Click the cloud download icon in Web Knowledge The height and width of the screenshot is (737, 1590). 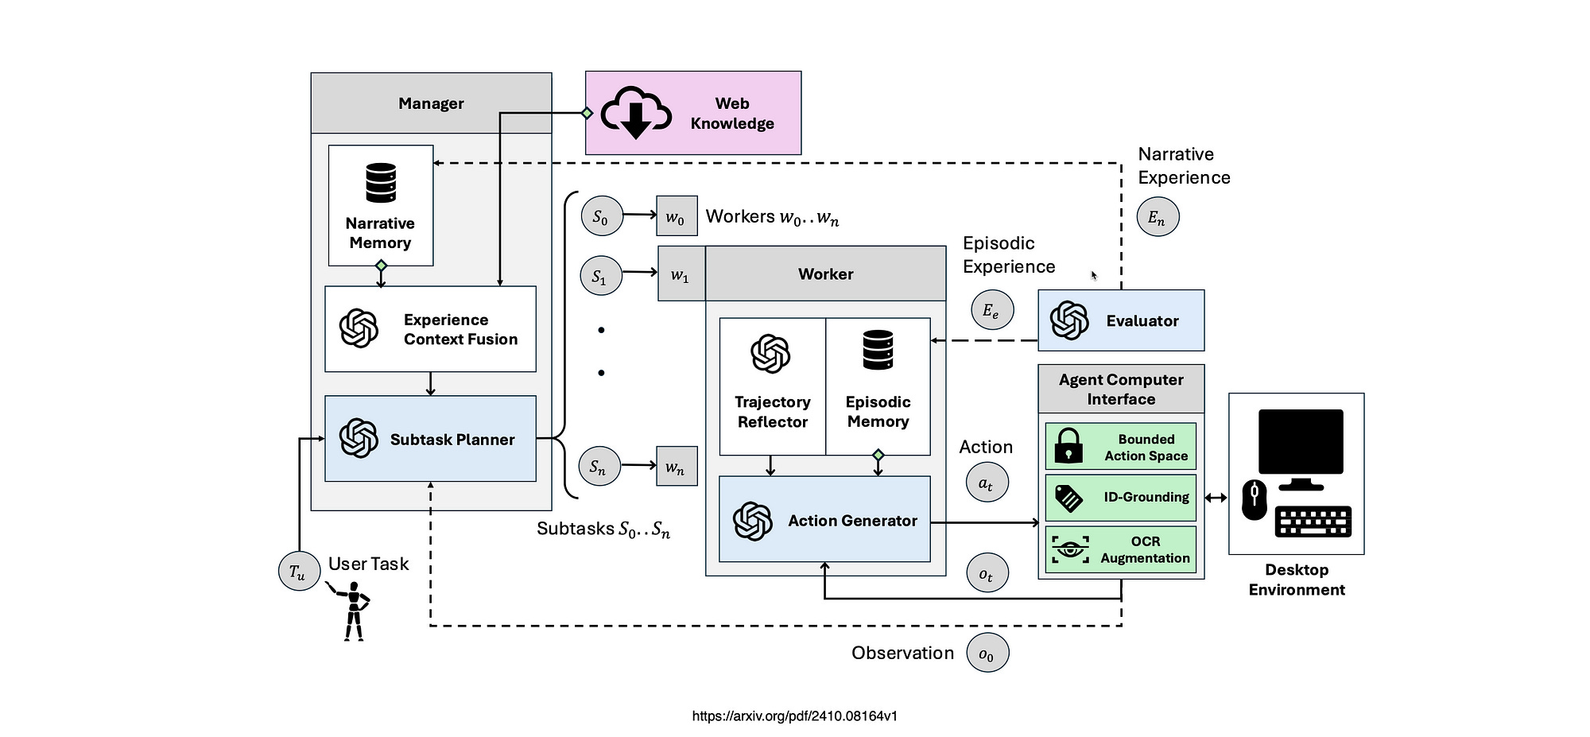tap(636, 114)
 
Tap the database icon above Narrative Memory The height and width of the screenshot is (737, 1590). tap(381, 183)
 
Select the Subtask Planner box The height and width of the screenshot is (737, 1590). tap(430, 439)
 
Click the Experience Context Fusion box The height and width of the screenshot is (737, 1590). tap(430, 329)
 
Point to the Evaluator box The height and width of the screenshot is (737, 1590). tap(1121, 320)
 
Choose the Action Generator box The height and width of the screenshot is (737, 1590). tap(824, 520)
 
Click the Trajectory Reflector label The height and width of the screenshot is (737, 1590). tap(772, 412)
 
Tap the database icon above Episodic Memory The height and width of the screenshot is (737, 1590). tap(878, 351)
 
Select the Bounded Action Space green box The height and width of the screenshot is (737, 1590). tap(1120, 447)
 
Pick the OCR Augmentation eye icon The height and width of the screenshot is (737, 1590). tap(1070, 550)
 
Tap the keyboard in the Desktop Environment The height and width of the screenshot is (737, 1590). tap(1313, 522)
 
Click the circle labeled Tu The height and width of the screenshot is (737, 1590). tap(298, 572)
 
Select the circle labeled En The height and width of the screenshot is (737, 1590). tap(1158, 217)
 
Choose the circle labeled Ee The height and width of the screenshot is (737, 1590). tap(991, 310)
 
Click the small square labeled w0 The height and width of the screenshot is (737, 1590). tap(677, 216)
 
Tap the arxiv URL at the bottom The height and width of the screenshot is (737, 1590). tap(794, 716)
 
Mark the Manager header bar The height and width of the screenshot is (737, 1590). tap(431, 103)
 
